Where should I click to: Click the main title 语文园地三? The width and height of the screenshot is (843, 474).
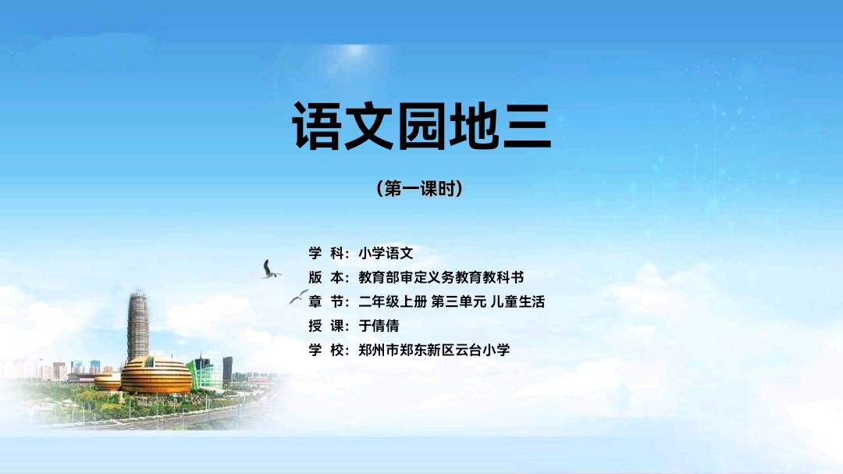coord(421,126)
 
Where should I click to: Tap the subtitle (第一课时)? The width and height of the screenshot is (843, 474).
coord(420,188)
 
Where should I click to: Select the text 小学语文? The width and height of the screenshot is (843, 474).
coord(386,253)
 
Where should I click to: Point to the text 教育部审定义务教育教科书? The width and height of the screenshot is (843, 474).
coord(441,277)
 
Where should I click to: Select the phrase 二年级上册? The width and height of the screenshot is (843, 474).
coord(393,301)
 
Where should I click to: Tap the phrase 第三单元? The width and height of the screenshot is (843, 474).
coord(459,301)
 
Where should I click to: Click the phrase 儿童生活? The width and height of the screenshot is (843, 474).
coord(518,301)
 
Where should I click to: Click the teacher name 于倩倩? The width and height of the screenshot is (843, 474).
coord(379,326)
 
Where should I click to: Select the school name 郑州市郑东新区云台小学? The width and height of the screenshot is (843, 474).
coord(434,350)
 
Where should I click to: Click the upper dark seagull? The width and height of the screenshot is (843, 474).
coord(270,269)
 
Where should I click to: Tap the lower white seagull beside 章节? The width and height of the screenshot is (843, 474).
coord(298,297)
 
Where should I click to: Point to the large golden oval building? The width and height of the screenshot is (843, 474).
coord(156,375)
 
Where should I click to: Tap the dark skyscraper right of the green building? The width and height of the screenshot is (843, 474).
coord(227,369)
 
